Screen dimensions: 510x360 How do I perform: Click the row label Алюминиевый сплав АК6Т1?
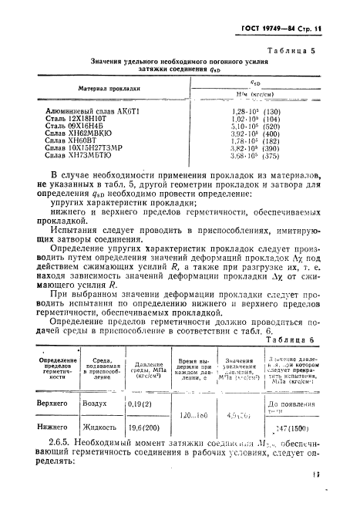[x=86, y=113]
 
